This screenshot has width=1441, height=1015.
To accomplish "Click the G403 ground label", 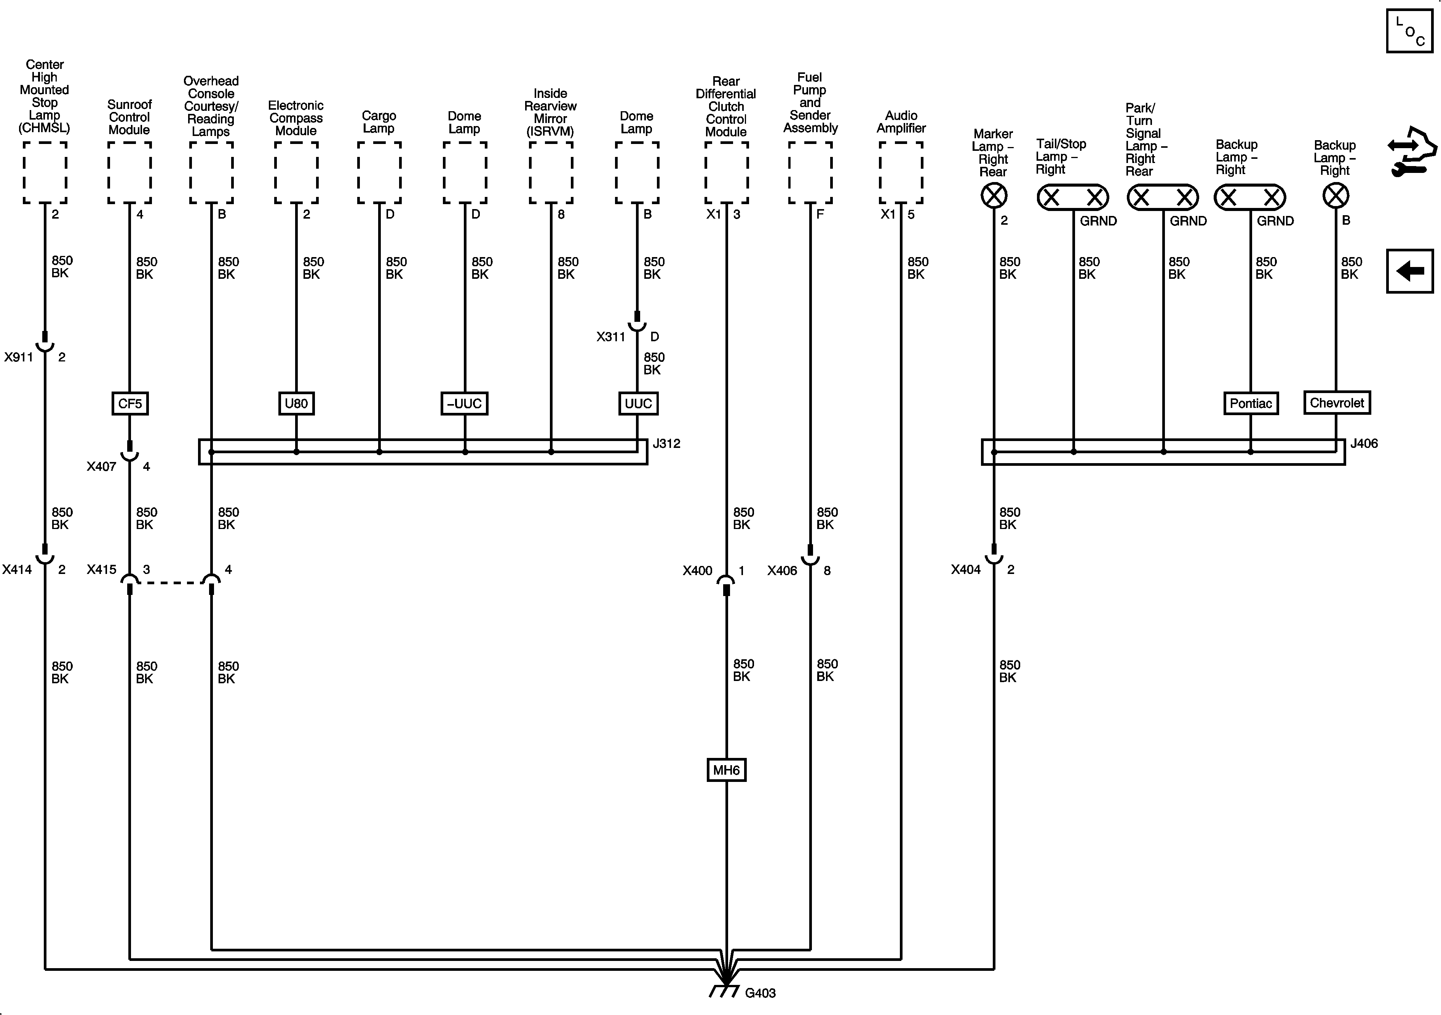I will pyautogui.click(x=760, y=993).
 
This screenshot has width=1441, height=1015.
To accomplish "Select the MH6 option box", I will pyautogui.click(x=726, y=770).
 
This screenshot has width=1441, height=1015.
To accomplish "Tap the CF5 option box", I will pyautogui.click(x=130, y=404).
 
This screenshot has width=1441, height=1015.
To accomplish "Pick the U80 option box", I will pyautogui.click(x=296, y=404).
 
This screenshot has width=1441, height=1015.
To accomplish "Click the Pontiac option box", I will pyautogui.click(x=1250, y=404).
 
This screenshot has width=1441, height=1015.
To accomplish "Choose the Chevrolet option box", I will pyautogui.click(x=1337, y=403).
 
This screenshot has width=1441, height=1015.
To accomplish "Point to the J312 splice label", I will pyautogui.click(x=666, y=444).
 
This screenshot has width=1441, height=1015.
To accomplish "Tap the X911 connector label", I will pyautogui.click(x=19, y=358).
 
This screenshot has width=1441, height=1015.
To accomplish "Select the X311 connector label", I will pyautogui.click(x=611, y=337).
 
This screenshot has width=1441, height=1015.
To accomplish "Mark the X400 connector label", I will pyautogui.click(x=697, y=571).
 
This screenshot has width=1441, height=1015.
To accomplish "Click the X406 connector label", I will pyautogui.click(x=782, y=571).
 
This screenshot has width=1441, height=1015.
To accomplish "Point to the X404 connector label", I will pyautogui.click(x=965, y=570).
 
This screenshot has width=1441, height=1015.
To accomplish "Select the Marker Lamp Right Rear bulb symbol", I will pyautogui.click(x=994, y=196).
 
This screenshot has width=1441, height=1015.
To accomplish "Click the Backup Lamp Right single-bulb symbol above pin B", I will pyautogui.click(x=1336, y=196).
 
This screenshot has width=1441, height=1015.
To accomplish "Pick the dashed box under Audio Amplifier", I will pyautogui.click(x=901, y=173).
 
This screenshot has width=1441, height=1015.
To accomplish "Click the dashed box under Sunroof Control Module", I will pyautogui.click(x=129, y=173).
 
